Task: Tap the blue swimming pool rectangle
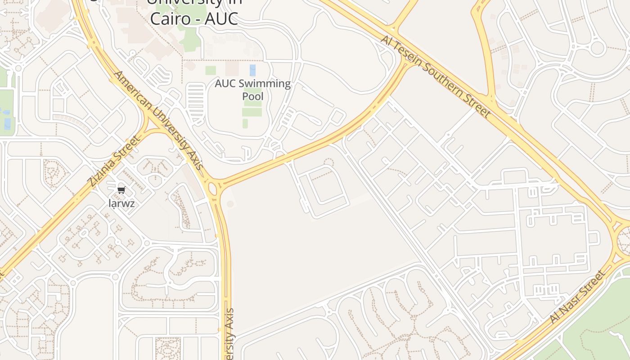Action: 252,70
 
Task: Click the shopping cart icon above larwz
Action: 121,190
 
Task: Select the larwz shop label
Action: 121,203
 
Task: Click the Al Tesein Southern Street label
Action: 435,76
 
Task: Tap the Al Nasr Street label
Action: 578,297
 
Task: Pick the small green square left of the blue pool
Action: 211,70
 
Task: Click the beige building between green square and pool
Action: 232,68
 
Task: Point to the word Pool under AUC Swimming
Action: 252,96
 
